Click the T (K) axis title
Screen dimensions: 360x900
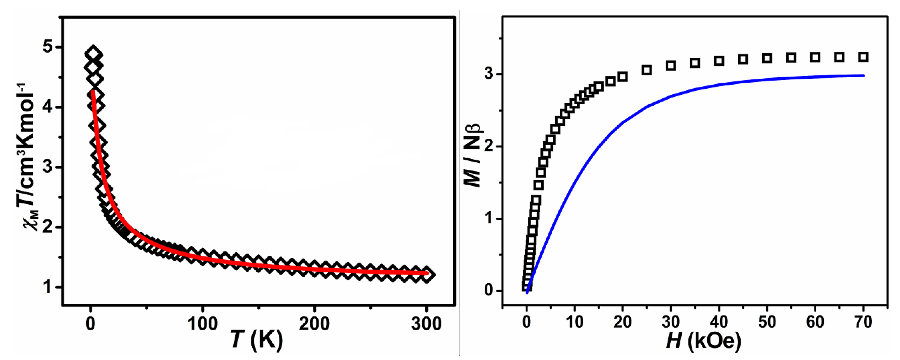257,340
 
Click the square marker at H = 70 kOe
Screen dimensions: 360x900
863,57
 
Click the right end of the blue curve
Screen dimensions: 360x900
864,76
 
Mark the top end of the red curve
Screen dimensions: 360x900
92,91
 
